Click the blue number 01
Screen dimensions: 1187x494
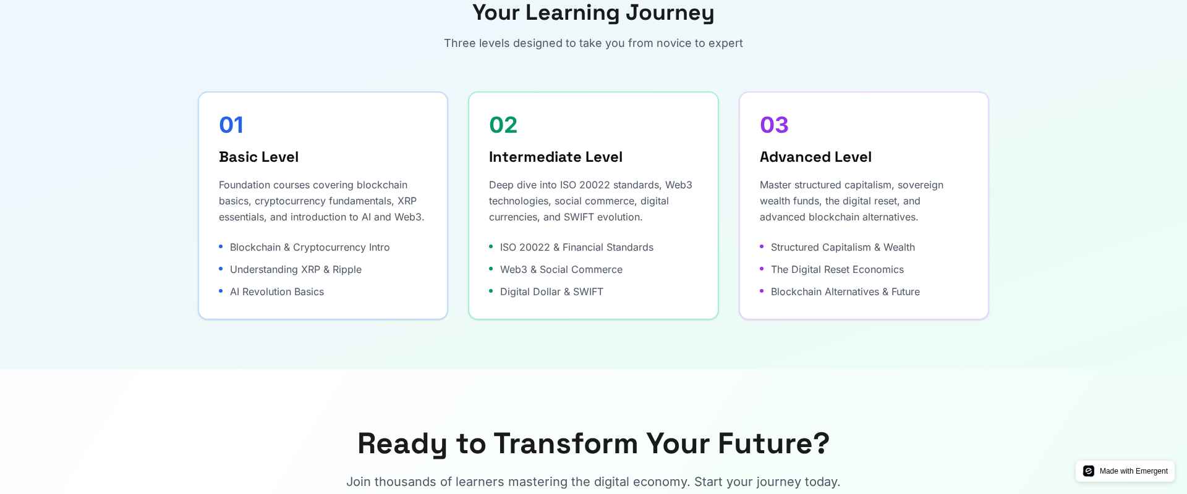(231, 125)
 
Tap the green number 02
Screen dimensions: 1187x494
(503, 125)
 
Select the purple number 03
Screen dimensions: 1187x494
(774, 125)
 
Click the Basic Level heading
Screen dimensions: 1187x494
(258, 157)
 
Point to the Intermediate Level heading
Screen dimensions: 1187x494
(556, 157)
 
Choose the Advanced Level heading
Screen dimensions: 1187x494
(815, 157)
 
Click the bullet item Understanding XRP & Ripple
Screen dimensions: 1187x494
(296, 269)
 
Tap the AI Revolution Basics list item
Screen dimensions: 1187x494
(277, 291)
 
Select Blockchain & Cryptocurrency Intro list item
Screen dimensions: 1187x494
(310, 247)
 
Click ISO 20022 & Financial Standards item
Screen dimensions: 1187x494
(577, 247)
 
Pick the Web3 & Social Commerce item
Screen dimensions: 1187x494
(561, 269)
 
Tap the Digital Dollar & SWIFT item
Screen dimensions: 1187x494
(551, 291)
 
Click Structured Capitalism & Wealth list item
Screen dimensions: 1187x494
(843, 247)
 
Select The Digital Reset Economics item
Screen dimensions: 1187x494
(837, 269)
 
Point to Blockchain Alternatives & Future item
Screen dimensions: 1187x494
(845, 291)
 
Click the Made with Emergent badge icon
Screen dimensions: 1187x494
(1089, 471)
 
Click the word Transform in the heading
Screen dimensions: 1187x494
(566, 443)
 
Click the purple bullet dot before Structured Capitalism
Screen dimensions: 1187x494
(762, 246)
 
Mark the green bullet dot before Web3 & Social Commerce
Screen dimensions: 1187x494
(491, 269)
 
